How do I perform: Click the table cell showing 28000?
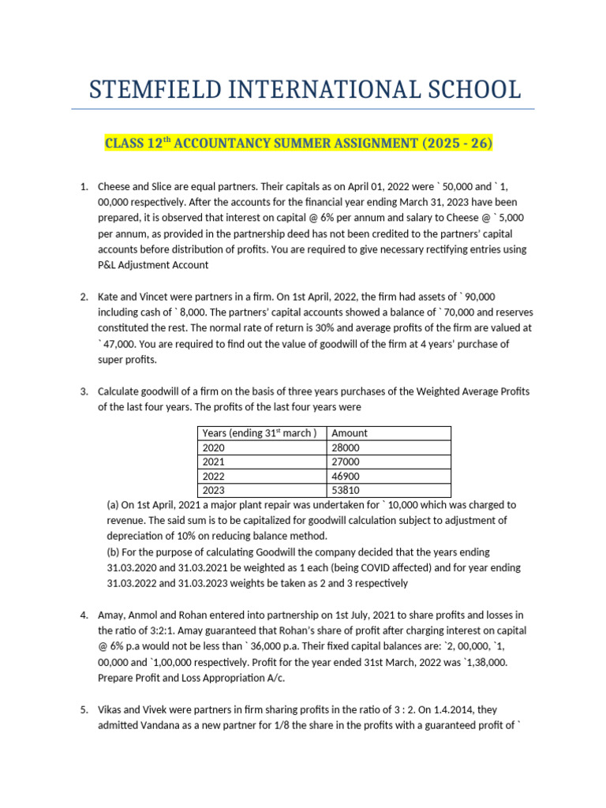pyautogui.click(x=349, y=447)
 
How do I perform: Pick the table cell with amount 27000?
pyautogui.click(x=349, y=461)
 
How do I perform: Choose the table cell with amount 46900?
pyautogui.click(x=349, y=475)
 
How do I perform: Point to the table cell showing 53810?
pyautogui.click(x=349, y=489)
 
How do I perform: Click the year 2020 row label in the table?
pyautogui.click(x=214, y=447)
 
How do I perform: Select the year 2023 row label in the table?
pyautogui.click(x=214, y=489)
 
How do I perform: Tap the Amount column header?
pyautogui.click(x=350, y=432)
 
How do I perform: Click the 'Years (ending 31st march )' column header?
pyautogui.click(x=260, y=432)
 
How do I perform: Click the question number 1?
pyautogui.click(x=84, y=187)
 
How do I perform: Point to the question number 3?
pyautogui.click(x=84, y=391)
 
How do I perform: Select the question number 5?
pyautogui.click(x=84, y=710)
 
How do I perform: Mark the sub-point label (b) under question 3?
pyautogui.click(x=113, y=552)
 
